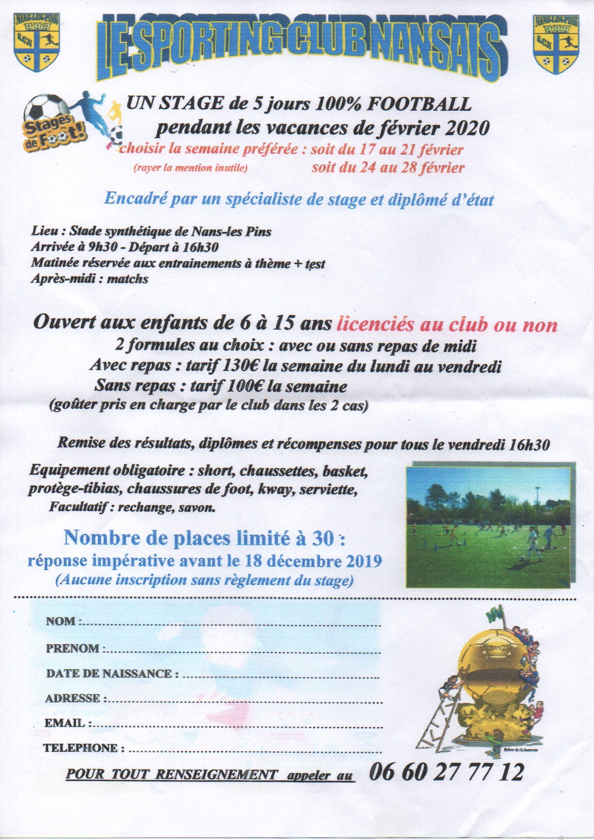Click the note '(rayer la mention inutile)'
click(190, 168)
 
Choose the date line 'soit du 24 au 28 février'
click(388, 168)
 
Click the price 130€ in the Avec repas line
click(241, 366)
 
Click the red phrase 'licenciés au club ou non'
click(447, 324)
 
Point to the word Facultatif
click(79, 506)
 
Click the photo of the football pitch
click(488, 526)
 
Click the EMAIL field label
click(66, 723)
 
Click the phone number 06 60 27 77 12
click(446, 772)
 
